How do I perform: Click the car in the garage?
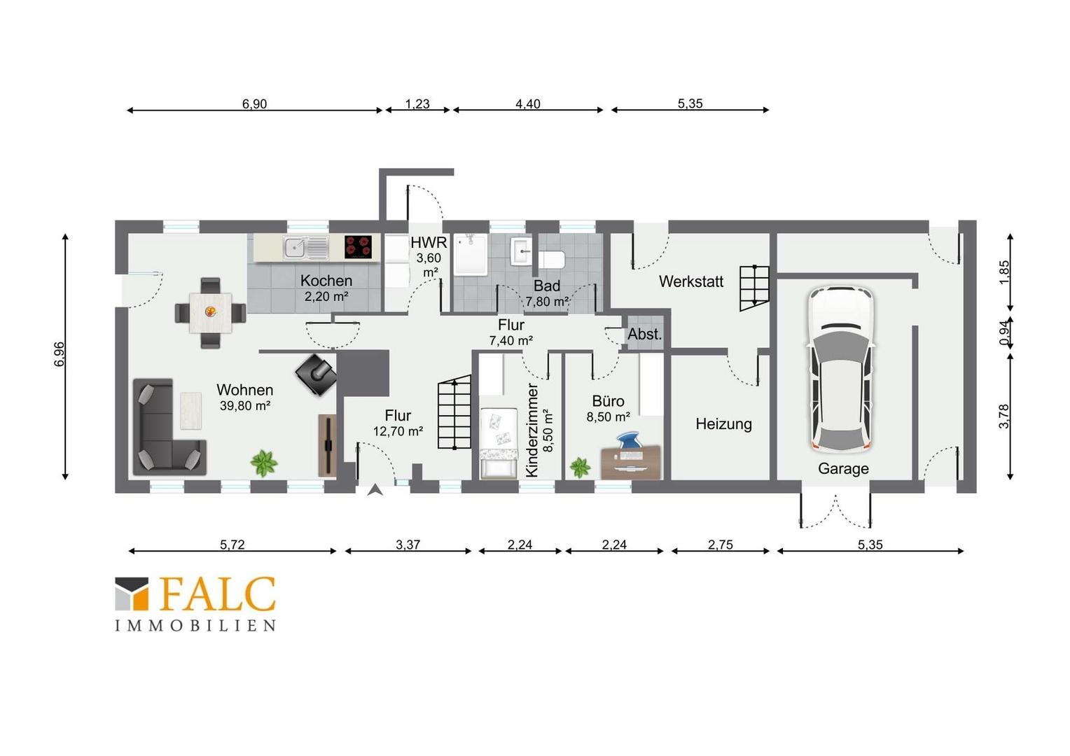(x=842, y=369)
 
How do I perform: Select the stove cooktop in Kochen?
(x=359, y=247)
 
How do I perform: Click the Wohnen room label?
(x=245, y=390)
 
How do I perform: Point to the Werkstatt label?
(x=691, y=282)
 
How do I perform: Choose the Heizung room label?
(x=723, y=424)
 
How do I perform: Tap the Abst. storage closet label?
(x=644, y=335)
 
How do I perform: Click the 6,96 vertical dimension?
(x=60, y=354)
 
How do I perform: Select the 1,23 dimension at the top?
(x=417, y=104)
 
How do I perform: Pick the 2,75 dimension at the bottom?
(x=721, y=545)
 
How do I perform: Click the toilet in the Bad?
(x=552, y=260)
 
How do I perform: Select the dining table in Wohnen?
(x=211, y=313)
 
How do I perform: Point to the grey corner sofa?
(x=169, y=428)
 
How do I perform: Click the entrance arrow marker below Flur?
(x=375, y=489)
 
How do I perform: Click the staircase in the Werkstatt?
(x=754, y=288)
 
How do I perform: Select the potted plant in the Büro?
(x=580, y=468)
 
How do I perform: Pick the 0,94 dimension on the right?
(x=1005, y=332)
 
